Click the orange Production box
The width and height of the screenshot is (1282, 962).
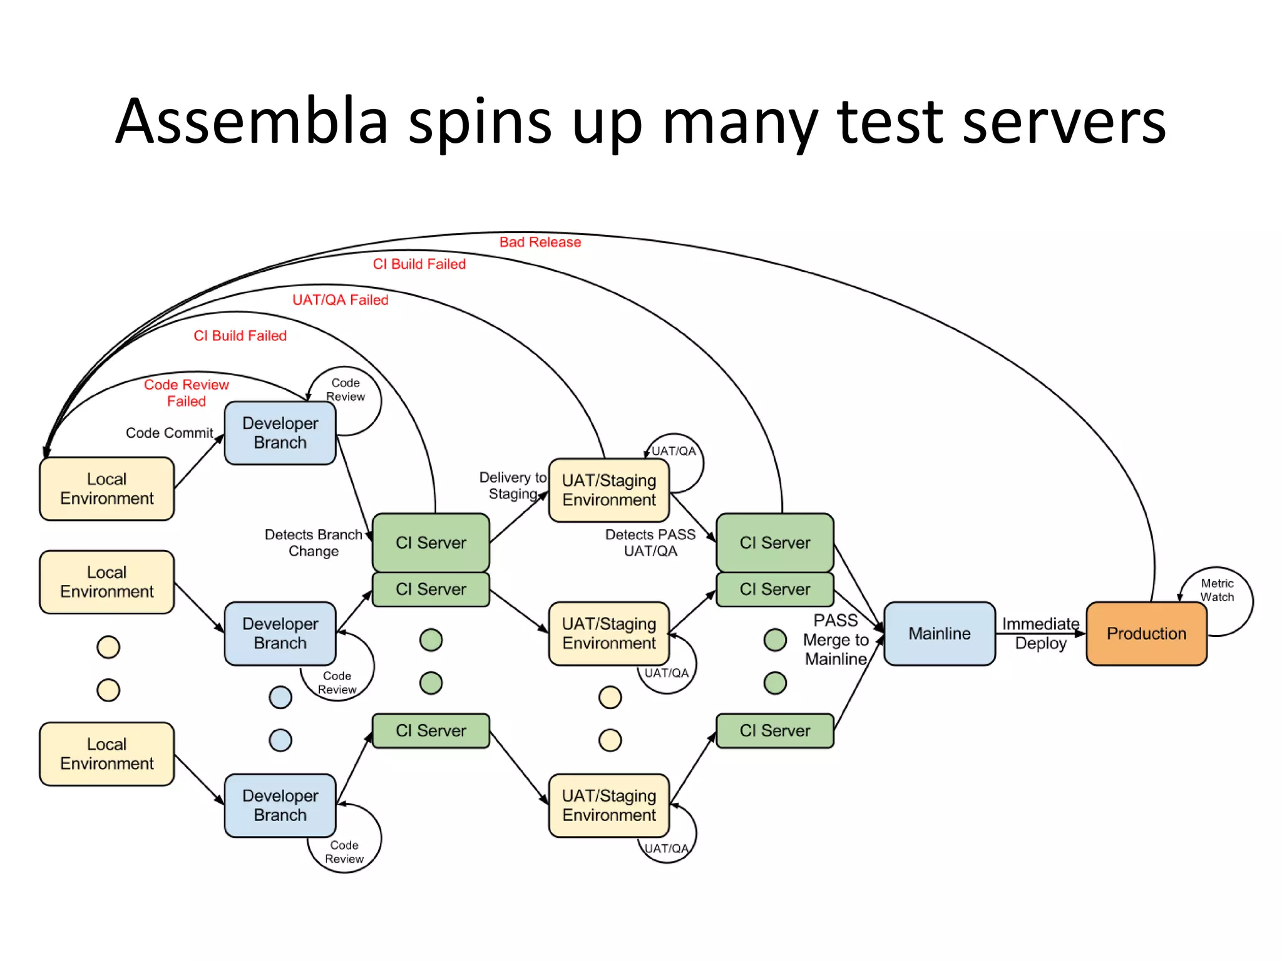1146,633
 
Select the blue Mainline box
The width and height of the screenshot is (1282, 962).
939,633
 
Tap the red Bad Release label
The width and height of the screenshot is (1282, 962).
540,242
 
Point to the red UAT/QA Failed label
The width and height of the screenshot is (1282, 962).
340,300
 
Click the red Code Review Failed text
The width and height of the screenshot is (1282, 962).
186,393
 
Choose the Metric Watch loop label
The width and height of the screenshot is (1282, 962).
1217,590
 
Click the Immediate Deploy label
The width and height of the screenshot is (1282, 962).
1040,633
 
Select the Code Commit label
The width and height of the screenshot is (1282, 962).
169,433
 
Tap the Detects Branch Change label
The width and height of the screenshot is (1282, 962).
313,542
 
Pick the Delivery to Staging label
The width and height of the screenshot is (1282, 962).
513,485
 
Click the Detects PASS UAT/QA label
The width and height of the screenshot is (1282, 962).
650,542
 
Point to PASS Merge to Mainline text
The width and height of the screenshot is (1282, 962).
835,639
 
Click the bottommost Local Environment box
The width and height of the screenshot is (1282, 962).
106,754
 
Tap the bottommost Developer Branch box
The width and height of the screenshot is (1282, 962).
280,805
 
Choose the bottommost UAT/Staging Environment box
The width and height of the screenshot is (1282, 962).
608,805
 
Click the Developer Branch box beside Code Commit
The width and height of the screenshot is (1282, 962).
280,433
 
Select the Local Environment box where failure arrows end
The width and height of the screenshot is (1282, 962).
106,489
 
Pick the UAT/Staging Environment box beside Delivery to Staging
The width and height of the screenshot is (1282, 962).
608,490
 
